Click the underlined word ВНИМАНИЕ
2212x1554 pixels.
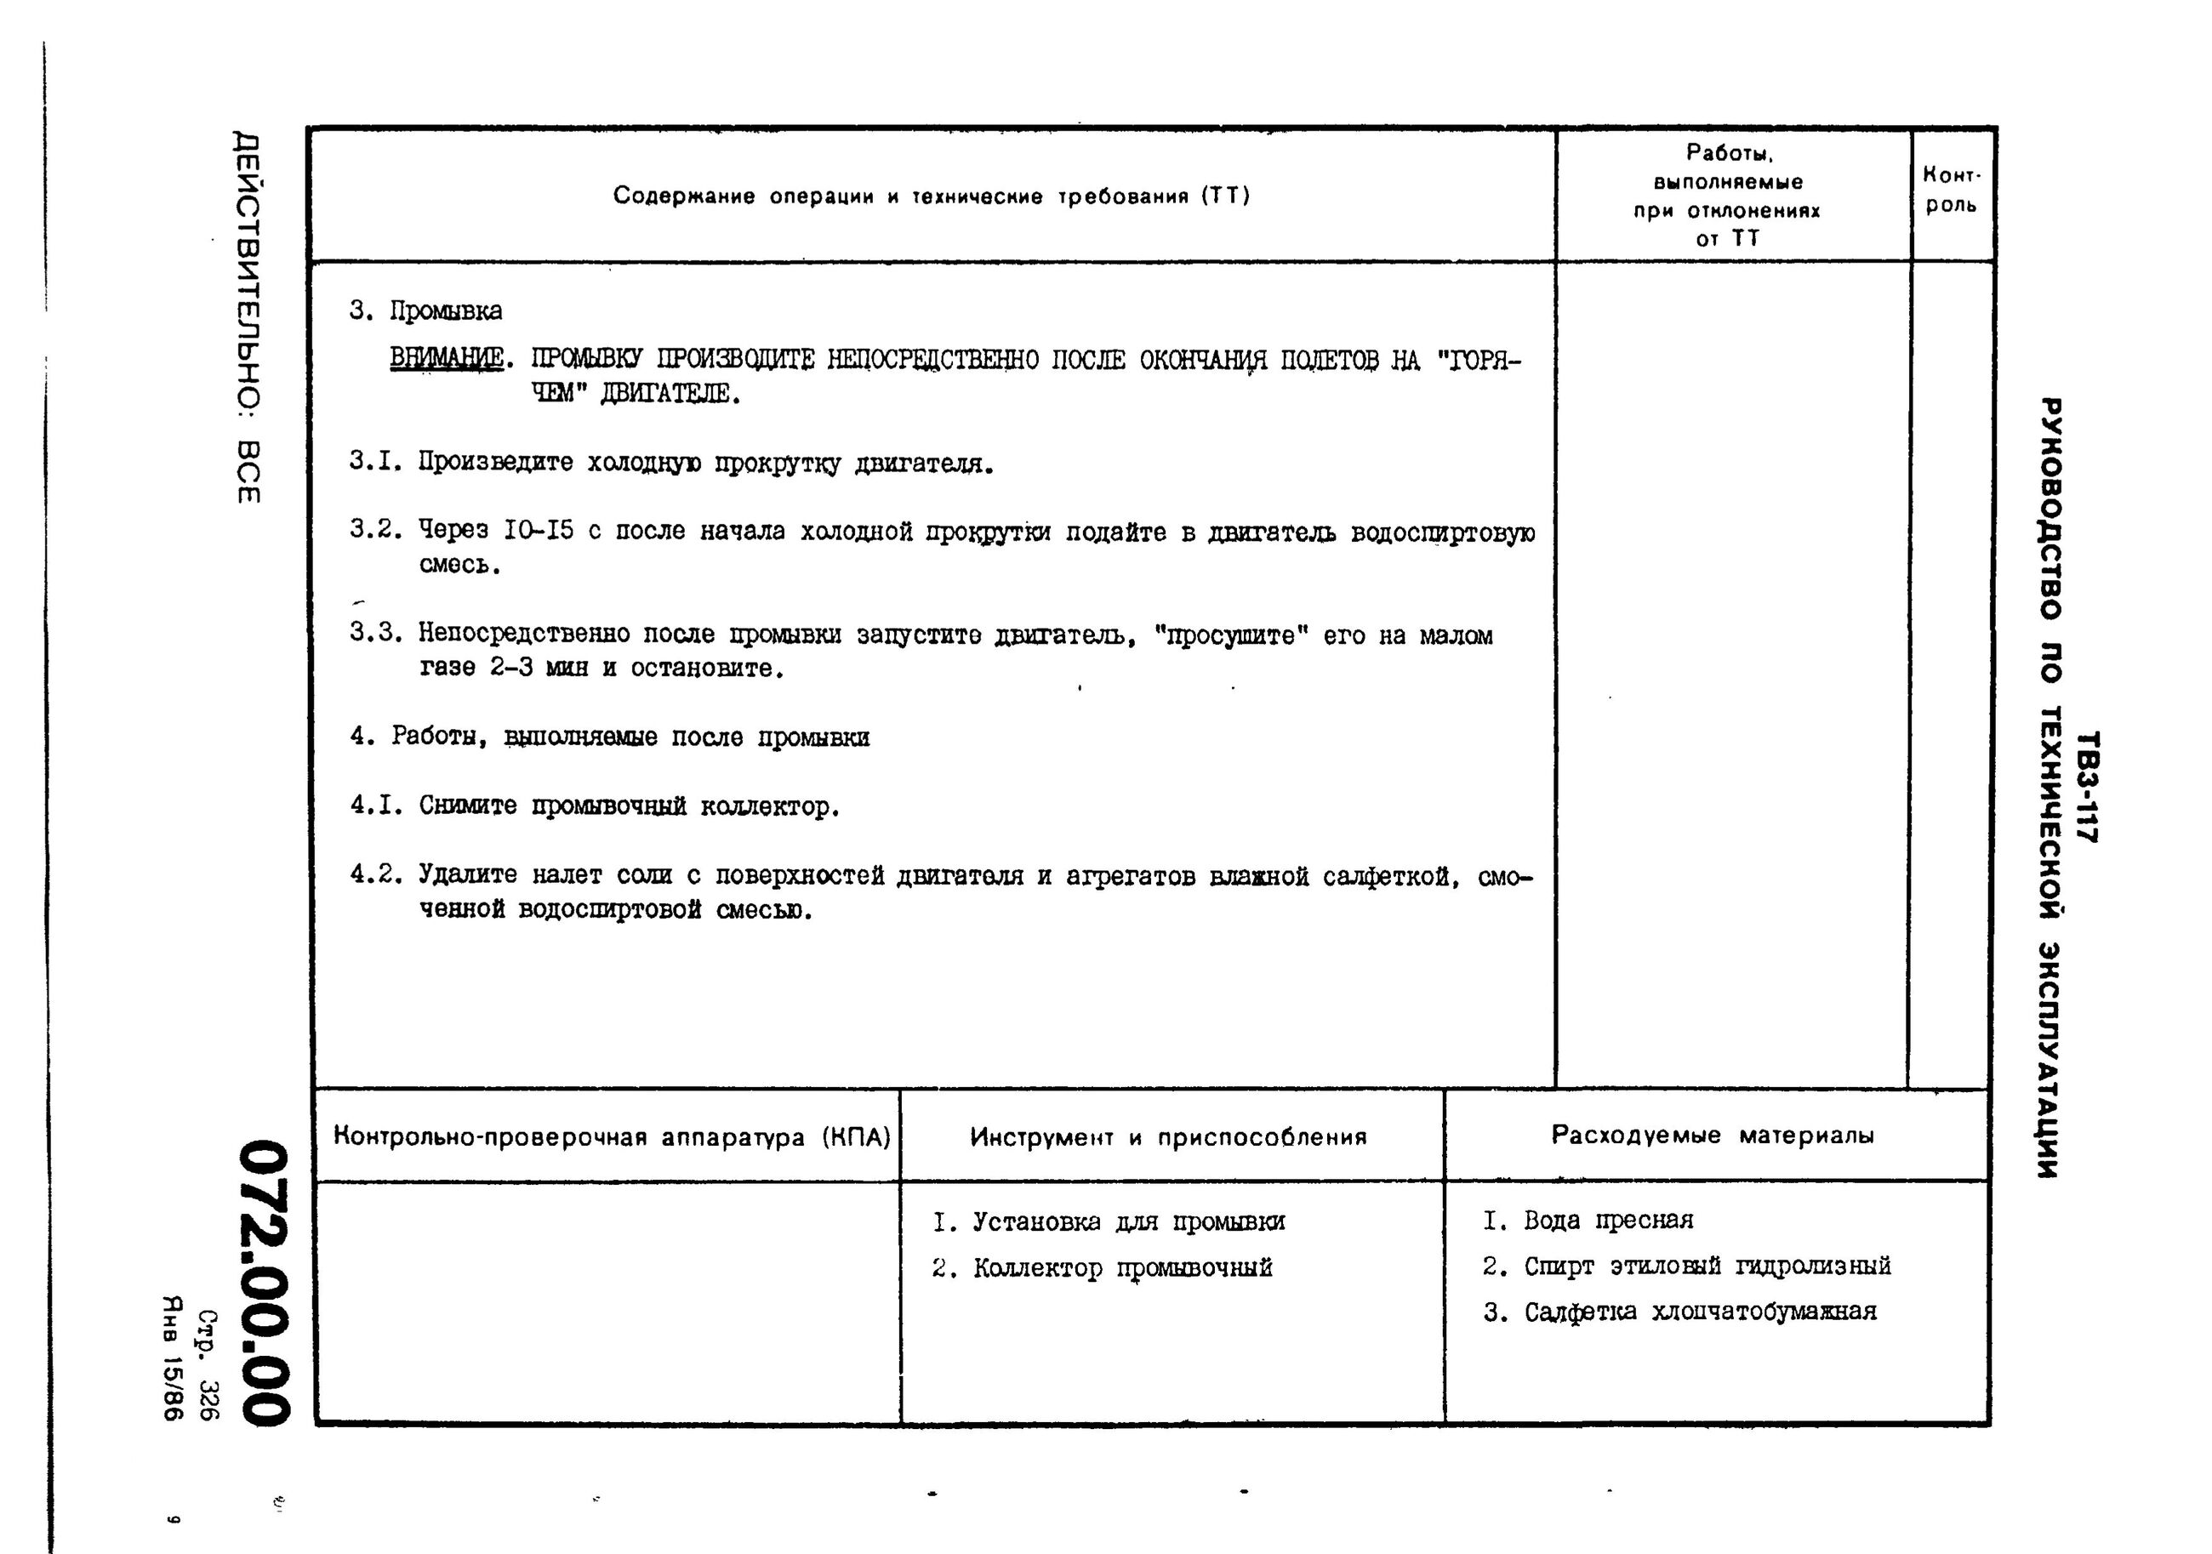click(446, 358)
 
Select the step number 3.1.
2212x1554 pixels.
click(375, 462)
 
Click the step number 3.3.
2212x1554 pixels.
click(375, 633)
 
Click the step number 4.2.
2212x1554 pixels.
click(375, 874)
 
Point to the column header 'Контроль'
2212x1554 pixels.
click(1951, 190)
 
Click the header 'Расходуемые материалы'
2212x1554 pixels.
click(1712, 1135)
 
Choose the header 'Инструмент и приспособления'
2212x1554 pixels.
click(1167, 1137)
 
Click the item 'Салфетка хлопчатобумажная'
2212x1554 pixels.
click(1700, 1312)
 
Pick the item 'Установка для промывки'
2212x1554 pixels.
click(1127, 1222)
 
